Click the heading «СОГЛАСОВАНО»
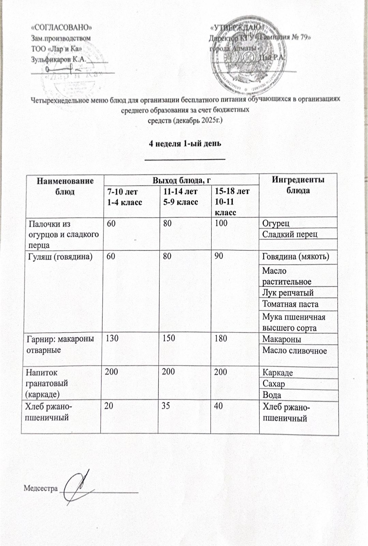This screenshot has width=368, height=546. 61,27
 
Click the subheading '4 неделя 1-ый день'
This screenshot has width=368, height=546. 185,143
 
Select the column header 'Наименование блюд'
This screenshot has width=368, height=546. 65,186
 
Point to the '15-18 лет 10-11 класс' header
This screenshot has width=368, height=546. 232,201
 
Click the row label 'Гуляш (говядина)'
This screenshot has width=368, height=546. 60,257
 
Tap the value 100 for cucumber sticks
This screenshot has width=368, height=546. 221,224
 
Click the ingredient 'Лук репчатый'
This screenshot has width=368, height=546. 288,293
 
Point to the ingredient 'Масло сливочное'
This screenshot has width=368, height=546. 294,351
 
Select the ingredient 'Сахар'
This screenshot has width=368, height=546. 273,384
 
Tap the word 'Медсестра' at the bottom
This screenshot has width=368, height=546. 41,488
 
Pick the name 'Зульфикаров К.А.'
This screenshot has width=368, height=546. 58,59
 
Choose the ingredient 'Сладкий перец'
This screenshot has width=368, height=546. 290,234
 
